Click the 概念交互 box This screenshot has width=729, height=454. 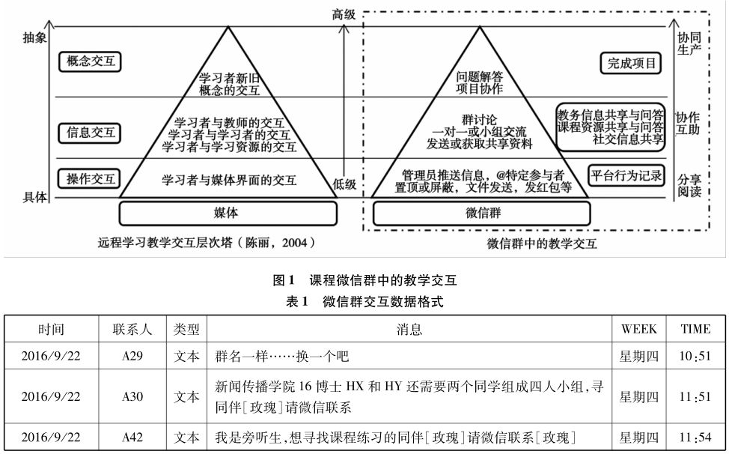pos(90,61)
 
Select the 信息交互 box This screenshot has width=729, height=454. pos(90,133)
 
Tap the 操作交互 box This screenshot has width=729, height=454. pos(90,178)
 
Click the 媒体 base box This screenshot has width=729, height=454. pos(226,213)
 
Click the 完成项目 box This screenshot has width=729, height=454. pos(630,63)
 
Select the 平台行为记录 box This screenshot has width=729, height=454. pos(626,176)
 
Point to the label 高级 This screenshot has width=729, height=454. pos(344,13)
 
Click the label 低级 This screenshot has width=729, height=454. pos(344,184)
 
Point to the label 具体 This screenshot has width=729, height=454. pos(34,197)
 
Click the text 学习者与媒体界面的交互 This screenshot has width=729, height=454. pos(229,180)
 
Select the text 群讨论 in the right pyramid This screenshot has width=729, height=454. pos(479,119)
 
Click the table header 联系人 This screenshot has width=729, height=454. pos(132,329)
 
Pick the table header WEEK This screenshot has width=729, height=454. pos(638,329)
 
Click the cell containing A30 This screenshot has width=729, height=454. pos(132,397)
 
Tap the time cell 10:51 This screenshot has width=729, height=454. pos(695,357)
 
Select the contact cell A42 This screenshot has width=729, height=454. pos(132,438)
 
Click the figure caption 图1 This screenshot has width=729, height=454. pos(284,281)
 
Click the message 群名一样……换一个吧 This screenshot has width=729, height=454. pos(281,357)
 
